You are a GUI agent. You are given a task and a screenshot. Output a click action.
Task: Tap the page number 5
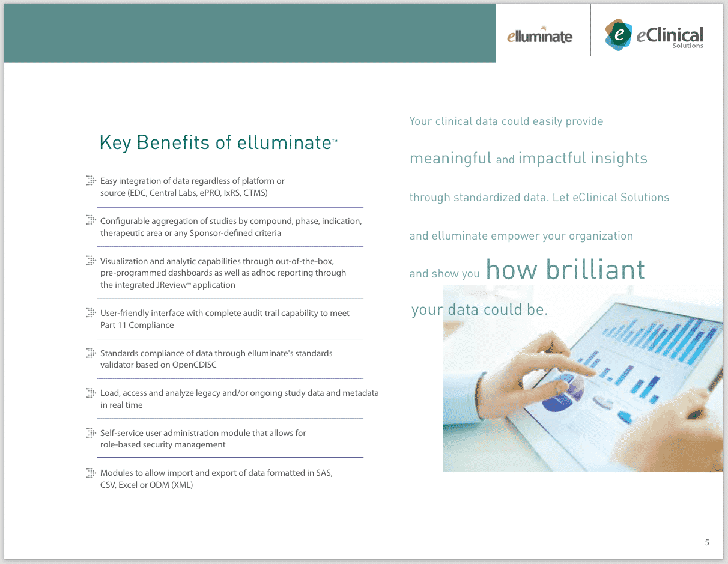coord(707,542)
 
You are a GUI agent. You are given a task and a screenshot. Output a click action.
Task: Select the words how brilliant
coord(565,270)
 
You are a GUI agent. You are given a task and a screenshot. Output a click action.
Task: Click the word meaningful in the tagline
coord(450,159)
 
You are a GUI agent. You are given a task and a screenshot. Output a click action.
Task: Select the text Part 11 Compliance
coord(137,325)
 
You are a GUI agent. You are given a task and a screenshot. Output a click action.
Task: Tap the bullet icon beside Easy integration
coord(91,180)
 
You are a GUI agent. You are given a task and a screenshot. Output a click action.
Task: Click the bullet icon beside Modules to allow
coord(91,473)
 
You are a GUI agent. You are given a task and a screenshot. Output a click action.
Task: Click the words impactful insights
coord(583,159)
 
